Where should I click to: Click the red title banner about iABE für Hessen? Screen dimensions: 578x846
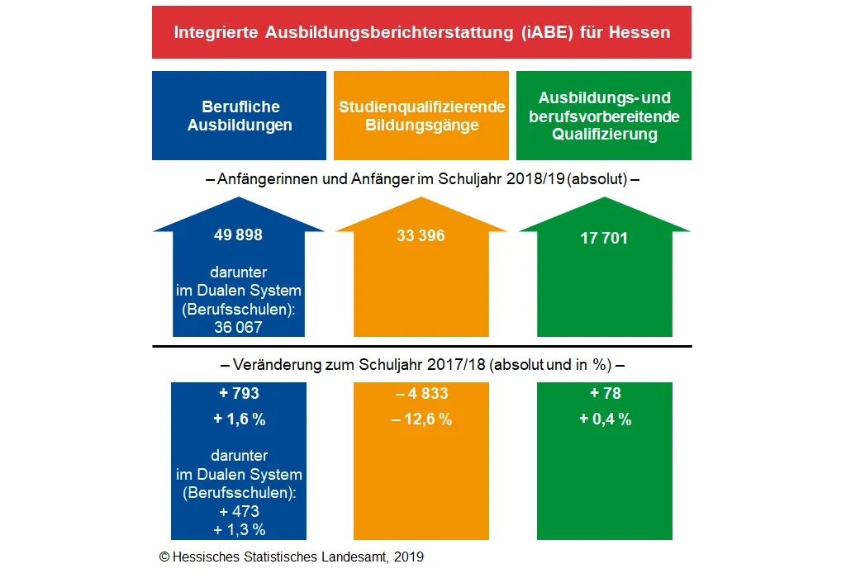pyautogui.click(x=421, y=32)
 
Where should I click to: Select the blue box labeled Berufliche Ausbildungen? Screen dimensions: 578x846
pyautogui.click(x=239, y=116)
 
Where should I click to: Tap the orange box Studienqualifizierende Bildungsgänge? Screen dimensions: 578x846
pyautogui.click(x=421, y=116)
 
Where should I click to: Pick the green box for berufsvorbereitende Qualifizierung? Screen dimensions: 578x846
pyautogui.click(x=604, y=116)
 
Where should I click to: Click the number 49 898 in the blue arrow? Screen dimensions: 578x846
pyautogui.click(x=238, y=235)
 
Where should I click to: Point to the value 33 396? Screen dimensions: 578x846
pyautogui.click(x=421, y=236)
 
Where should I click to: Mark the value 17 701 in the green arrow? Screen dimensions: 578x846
pyautogui.click(x=604, y=239)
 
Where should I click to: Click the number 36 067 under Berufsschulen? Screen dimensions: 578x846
pyautogui.click(x=238, y=327)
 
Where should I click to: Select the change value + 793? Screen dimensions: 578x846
pyautogui.click(x=239, y=394)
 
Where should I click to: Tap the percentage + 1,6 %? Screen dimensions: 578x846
pyautogui.click(x=239, y=419)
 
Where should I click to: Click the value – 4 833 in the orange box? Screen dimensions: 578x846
pyautogui.click(x=421, y=394)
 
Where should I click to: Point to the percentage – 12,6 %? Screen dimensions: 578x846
pyautogui.click(x=421, y=419)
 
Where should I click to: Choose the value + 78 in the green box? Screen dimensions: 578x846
pyautogui.click(x=605, y=394)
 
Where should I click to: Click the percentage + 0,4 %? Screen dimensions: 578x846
pyautogui.click(x=605, y=419)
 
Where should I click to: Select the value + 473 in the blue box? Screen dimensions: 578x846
pyautogui.click(x=239, y=512)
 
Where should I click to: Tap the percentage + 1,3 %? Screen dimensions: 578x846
pyautogui.click(x=239, y=530)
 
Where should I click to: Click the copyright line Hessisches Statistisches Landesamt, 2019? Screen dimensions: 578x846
pyautogui.click(x=291, y=557)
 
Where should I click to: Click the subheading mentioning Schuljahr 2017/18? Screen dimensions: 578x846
pyautogui.click(x=421, y=364)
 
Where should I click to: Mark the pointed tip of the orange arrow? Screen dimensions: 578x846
pyautogui.click(x=421, y=199)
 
